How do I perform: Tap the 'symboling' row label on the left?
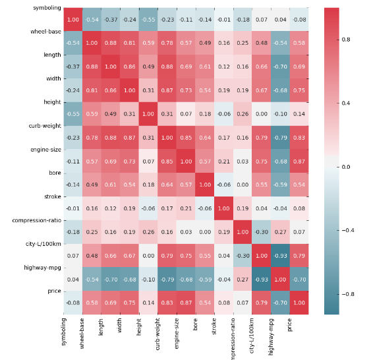click(47, 8)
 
